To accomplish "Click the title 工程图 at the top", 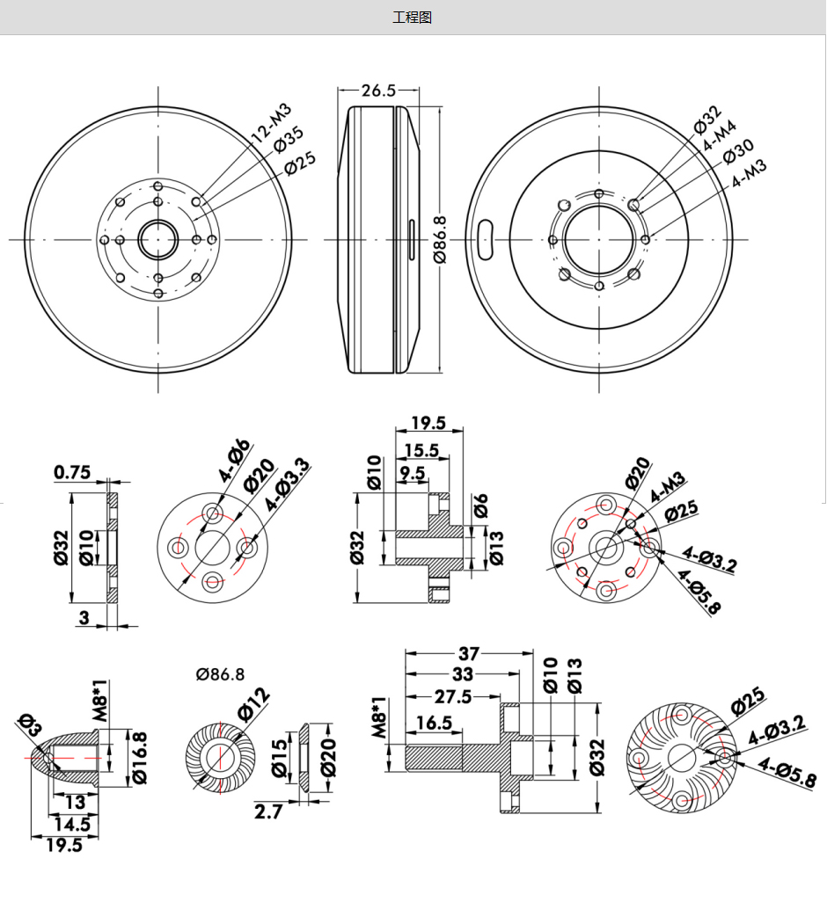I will point(413,18).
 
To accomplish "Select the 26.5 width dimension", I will point(378,90).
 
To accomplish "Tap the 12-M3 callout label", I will point(269,123).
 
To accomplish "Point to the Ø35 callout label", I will point(288,140).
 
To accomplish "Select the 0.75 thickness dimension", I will point(72,473).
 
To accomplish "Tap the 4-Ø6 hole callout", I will point(235,461).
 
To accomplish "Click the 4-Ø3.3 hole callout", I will point(288,485).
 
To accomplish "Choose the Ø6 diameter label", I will point(481,506).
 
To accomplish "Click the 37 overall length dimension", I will point(469,654).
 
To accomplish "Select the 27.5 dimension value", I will point(452,696).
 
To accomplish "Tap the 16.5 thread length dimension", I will point(434,723).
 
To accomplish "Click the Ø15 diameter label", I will point(279,758).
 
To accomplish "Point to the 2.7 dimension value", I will point(268,811).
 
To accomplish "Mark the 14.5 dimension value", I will point(71,825).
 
